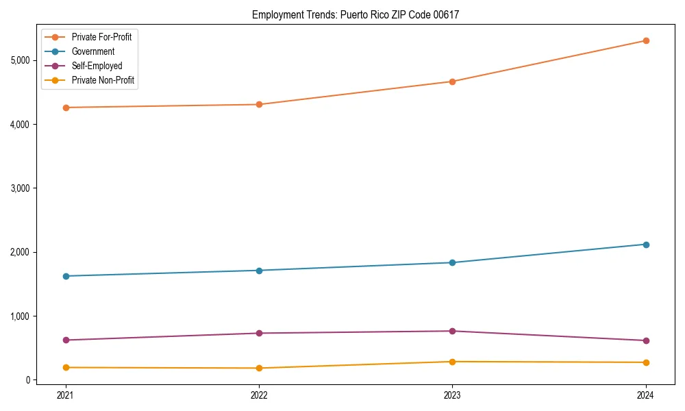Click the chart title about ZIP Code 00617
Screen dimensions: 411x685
click(x=356, y=14)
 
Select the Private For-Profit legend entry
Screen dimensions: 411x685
click(x=101, y=37)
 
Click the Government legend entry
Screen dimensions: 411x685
click(x=93, y=51)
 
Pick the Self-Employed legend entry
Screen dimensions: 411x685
click(x=97, y=66)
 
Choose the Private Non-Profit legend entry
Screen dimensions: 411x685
click(x=103, y=80)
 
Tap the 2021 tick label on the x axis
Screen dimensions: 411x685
click(x=66, y=395)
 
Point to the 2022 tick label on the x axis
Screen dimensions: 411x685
click(x=259, y=395)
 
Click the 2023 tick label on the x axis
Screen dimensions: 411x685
click(x=452, y=395)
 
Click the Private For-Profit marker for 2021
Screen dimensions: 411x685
click(x=66, y=108)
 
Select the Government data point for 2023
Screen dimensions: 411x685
click(x=452, y=262)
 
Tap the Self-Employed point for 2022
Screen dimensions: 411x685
click(x=259, y=334)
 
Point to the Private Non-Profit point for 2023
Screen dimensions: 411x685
click(x=452, y=362)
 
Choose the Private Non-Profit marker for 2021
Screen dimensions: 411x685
click(x=66, y=368)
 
